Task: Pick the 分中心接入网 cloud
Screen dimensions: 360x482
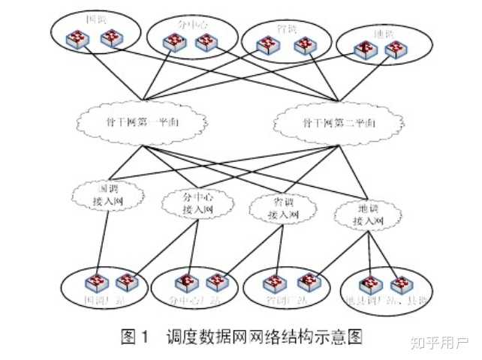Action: click(191, 203)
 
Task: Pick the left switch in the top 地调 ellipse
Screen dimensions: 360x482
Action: click(364, 49)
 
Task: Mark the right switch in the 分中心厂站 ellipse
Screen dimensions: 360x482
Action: click(218, 283)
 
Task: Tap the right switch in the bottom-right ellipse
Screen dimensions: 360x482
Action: click(400, 284)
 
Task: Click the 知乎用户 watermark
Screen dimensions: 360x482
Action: click(438, 343)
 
